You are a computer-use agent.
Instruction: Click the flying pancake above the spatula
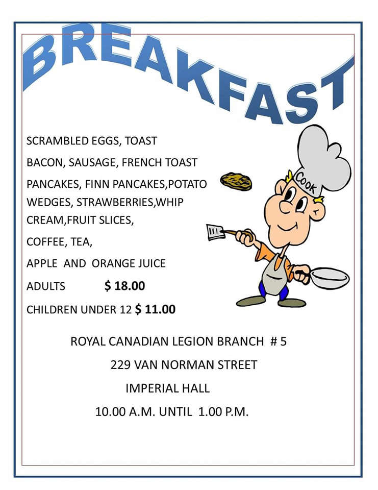pos(236,181)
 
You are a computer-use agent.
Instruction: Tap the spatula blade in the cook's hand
pos(215,232)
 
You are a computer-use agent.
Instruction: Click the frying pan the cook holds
pos(330,278)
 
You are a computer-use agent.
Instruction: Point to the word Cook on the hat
pos(307,184)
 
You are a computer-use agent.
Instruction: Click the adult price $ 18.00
pos(124,286)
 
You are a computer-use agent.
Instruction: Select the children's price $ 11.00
pos(155,309)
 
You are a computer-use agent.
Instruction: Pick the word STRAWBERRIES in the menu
pos(115,202)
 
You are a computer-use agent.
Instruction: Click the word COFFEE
pos(44,241)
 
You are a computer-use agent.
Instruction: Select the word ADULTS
pos(46,286)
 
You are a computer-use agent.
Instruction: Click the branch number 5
pos(284,341)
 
